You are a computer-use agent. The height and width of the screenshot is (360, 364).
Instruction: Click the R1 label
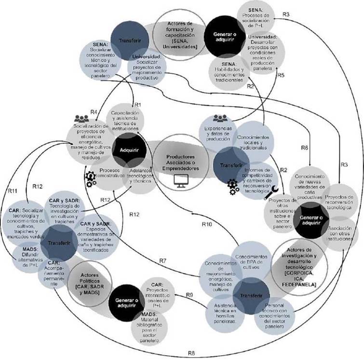137,104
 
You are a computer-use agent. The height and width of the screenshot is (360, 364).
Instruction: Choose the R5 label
281,75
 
